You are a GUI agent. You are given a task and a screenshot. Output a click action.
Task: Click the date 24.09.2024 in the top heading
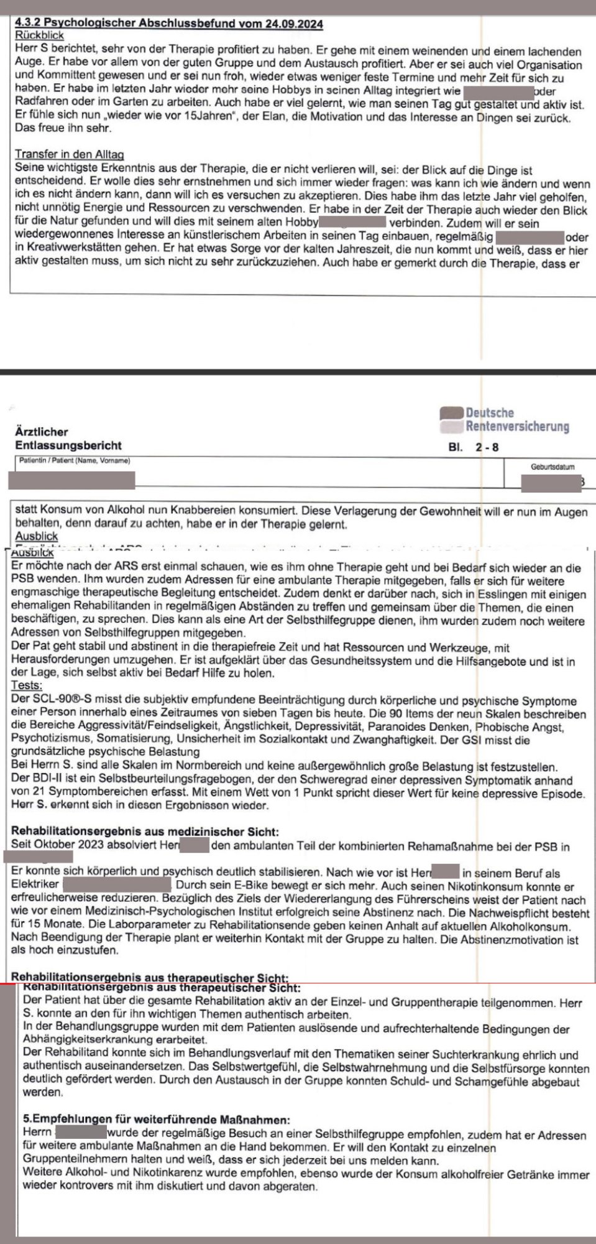(294, 24)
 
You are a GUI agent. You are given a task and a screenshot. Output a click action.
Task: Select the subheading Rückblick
(39, 35)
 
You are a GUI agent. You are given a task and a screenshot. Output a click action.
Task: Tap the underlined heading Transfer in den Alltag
(69, 154)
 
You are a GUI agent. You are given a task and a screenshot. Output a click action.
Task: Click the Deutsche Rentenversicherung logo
(504, 420)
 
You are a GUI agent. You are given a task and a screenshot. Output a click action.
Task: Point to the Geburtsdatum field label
(552, 466)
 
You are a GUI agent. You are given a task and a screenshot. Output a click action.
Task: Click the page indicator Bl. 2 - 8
(473, 447)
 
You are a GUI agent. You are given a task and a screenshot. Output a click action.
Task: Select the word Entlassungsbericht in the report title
(68, 445)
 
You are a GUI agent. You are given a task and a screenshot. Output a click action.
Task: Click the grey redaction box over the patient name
(71, 480)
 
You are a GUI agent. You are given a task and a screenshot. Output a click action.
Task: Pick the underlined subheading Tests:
(27, 685)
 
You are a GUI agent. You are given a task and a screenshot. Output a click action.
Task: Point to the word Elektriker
(35, 884)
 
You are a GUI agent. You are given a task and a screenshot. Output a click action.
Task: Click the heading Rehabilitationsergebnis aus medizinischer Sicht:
(145, 832)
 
